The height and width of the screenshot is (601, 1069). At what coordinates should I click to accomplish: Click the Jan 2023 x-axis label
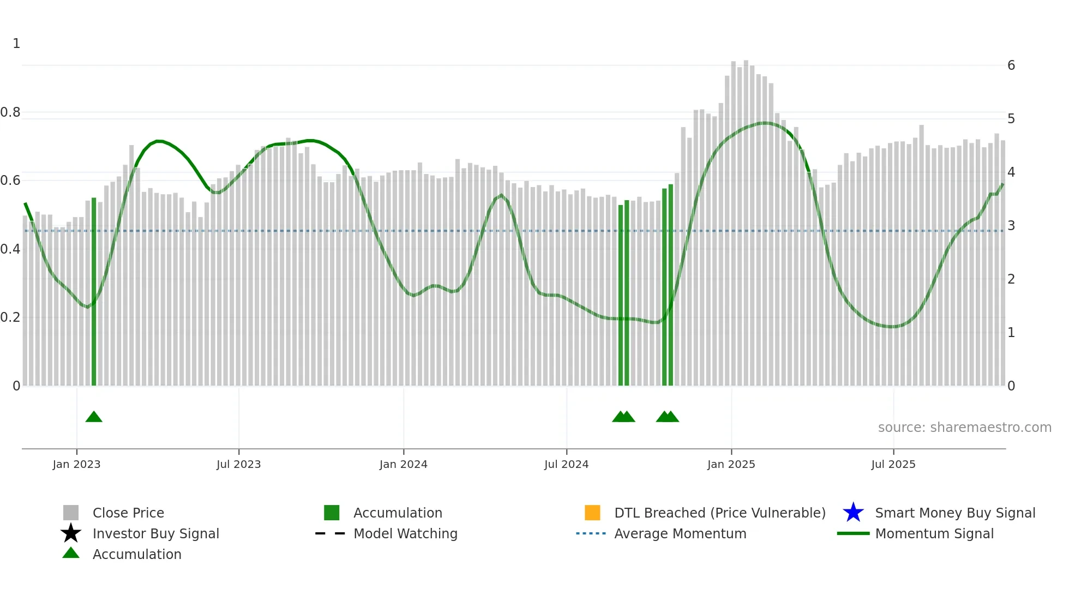76,464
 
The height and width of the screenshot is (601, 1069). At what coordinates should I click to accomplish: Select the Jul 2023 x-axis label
238,464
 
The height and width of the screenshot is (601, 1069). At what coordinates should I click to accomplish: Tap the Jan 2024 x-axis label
403,464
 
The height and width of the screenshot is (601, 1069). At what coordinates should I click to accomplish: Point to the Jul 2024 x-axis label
566,464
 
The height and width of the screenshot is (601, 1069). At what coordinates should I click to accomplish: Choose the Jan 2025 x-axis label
731,464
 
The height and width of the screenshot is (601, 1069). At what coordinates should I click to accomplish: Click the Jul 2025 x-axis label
893,464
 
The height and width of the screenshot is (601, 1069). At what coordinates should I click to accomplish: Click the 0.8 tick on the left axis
10,112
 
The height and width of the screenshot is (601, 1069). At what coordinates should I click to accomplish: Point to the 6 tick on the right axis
1011,65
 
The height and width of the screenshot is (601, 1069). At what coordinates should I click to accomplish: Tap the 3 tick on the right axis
1011,226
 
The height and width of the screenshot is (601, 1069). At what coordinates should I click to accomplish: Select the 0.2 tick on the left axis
10,317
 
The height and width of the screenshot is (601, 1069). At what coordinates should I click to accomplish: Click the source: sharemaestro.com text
964,428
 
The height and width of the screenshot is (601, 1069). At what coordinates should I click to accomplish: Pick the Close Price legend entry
128,513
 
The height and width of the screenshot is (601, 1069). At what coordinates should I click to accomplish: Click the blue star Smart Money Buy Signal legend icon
853,513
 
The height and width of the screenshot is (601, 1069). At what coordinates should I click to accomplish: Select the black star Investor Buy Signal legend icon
71,533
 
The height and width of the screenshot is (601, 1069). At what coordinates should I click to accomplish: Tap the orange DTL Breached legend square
592,513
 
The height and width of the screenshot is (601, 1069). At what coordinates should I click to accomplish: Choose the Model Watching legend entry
405,533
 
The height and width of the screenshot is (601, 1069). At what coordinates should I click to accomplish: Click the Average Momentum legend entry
680,533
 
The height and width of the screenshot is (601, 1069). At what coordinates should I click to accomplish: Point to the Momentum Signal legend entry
934,533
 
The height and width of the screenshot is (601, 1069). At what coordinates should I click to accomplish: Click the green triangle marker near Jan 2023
94,417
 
